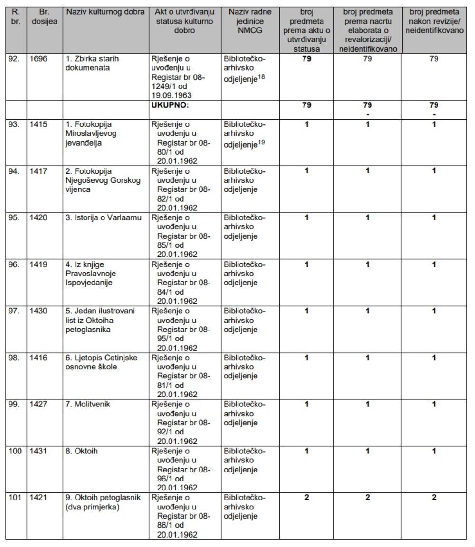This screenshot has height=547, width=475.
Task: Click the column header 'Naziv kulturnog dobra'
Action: point(105,12)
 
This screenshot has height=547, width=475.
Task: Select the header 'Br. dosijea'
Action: point(45,17)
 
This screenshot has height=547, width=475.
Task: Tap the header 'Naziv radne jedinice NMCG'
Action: point(250,21)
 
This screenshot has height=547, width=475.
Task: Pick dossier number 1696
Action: point(38,59)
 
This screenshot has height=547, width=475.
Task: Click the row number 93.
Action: point(14,124)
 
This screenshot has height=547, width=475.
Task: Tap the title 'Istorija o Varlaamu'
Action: point(104,218)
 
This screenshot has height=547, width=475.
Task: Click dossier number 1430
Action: point(38,311)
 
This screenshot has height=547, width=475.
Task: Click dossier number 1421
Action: point(38,498)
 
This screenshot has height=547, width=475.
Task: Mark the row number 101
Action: point(15,498)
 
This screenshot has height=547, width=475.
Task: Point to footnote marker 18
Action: point(261,76)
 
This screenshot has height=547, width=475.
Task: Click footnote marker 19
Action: point(261,141)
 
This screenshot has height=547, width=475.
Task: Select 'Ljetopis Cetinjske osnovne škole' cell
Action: point(102,362)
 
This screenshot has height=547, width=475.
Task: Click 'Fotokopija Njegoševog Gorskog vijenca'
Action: point(103,180)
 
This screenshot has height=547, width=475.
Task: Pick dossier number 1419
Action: point(38,264)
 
